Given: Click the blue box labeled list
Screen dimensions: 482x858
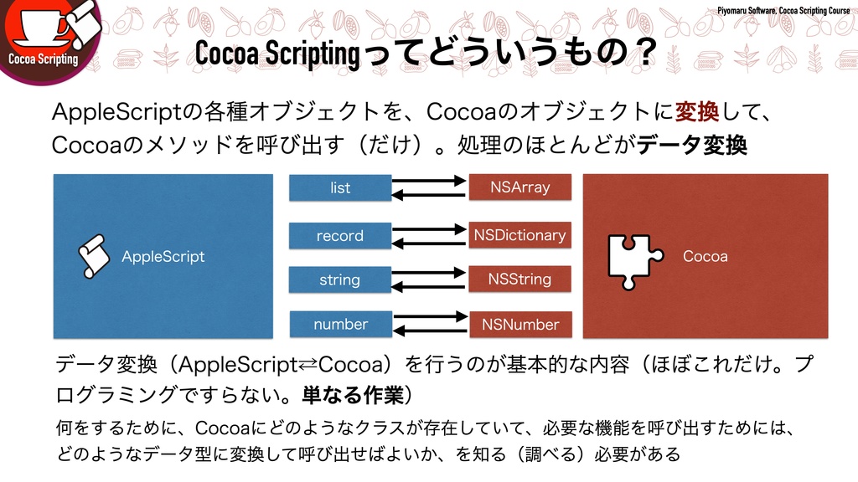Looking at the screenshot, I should (340, 187).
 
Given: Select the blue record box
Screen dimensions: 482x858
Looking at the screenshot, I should (340, 235).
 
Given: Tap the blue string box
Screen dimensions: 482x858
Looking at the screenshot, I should (340, 279).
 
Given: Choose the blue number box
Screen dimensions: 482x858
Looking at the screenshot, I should (340, 324).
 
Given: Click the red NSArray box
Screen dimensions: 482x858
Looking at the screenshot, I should (519, 187).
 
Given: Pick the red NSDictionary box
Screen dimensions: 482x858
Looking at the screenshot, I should (519, 235).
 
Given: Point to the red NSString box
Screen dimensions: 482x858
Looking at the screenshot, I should (519, 279).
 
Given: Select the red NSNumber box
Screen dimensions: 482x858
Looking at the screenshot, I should (519, 324).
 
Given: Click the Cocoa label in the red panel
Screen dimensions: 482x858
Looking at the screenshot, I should (706, 256).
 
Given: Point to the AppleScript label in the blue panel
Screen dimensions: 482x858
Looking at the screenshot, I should (163, 256).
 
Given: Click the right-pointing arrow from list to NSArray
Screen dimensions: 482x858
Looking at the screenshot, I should (429, 180).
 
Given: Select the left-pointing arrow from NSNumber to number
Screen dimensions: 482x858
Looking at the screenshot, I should (429, 331).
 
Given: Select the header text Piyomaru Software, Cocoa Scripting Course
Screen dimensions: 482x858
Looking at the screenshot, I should (783, 10).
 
